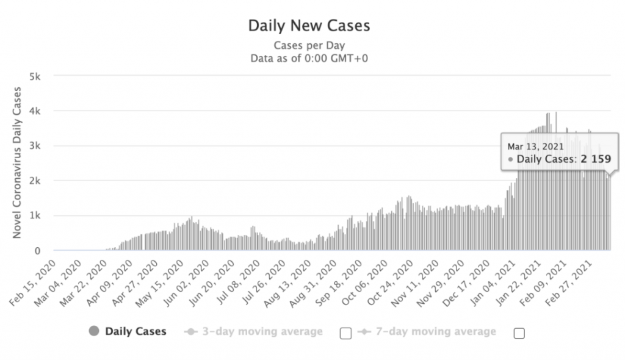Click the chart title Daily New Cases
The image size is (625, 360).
309,26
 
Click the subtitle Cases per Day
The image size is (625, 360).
309,45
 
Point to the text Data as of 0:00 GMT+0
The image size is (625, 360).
309,59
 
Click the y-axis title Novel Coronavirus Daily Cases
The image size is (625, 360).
17,162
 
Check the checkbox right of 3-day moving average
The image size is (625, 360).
345,333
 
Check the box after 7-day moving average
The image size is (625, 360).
519,333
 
